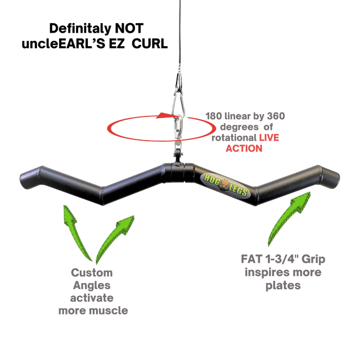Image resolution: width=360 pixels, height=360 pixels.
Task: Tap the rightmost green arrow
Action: click(290, 217)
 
